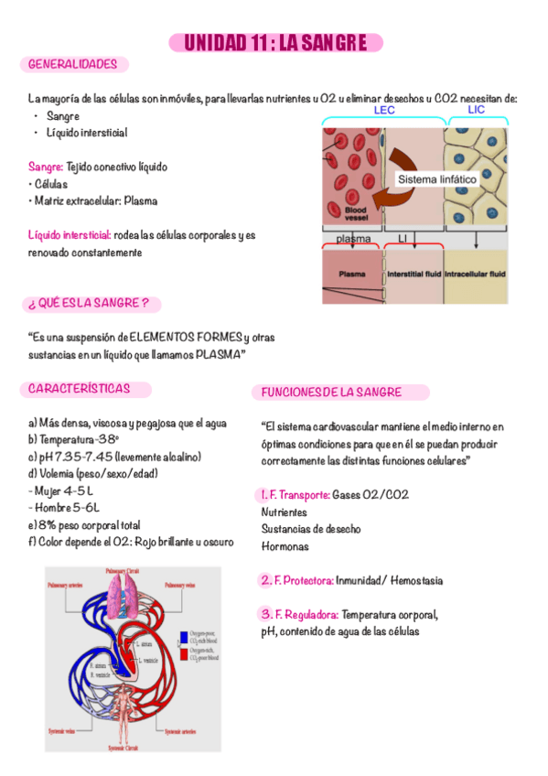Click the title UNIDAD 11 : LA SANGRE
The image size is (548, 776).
coord(275,43)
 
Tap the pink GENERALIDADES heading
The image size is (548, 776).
coord(73,65)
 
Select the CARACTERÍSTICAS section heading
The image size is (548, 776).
coord(78,389)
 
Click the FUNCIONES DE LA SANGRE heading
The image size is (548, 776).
coord(332,393)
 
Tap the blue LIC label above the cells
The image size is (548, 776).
coord(476,110)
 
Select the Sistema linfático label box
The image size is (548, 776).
coord(436,179)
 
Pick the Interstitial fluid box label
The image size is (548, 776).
coord(414,274)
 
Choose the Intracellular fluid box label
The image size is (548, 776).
coord(475,274)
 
